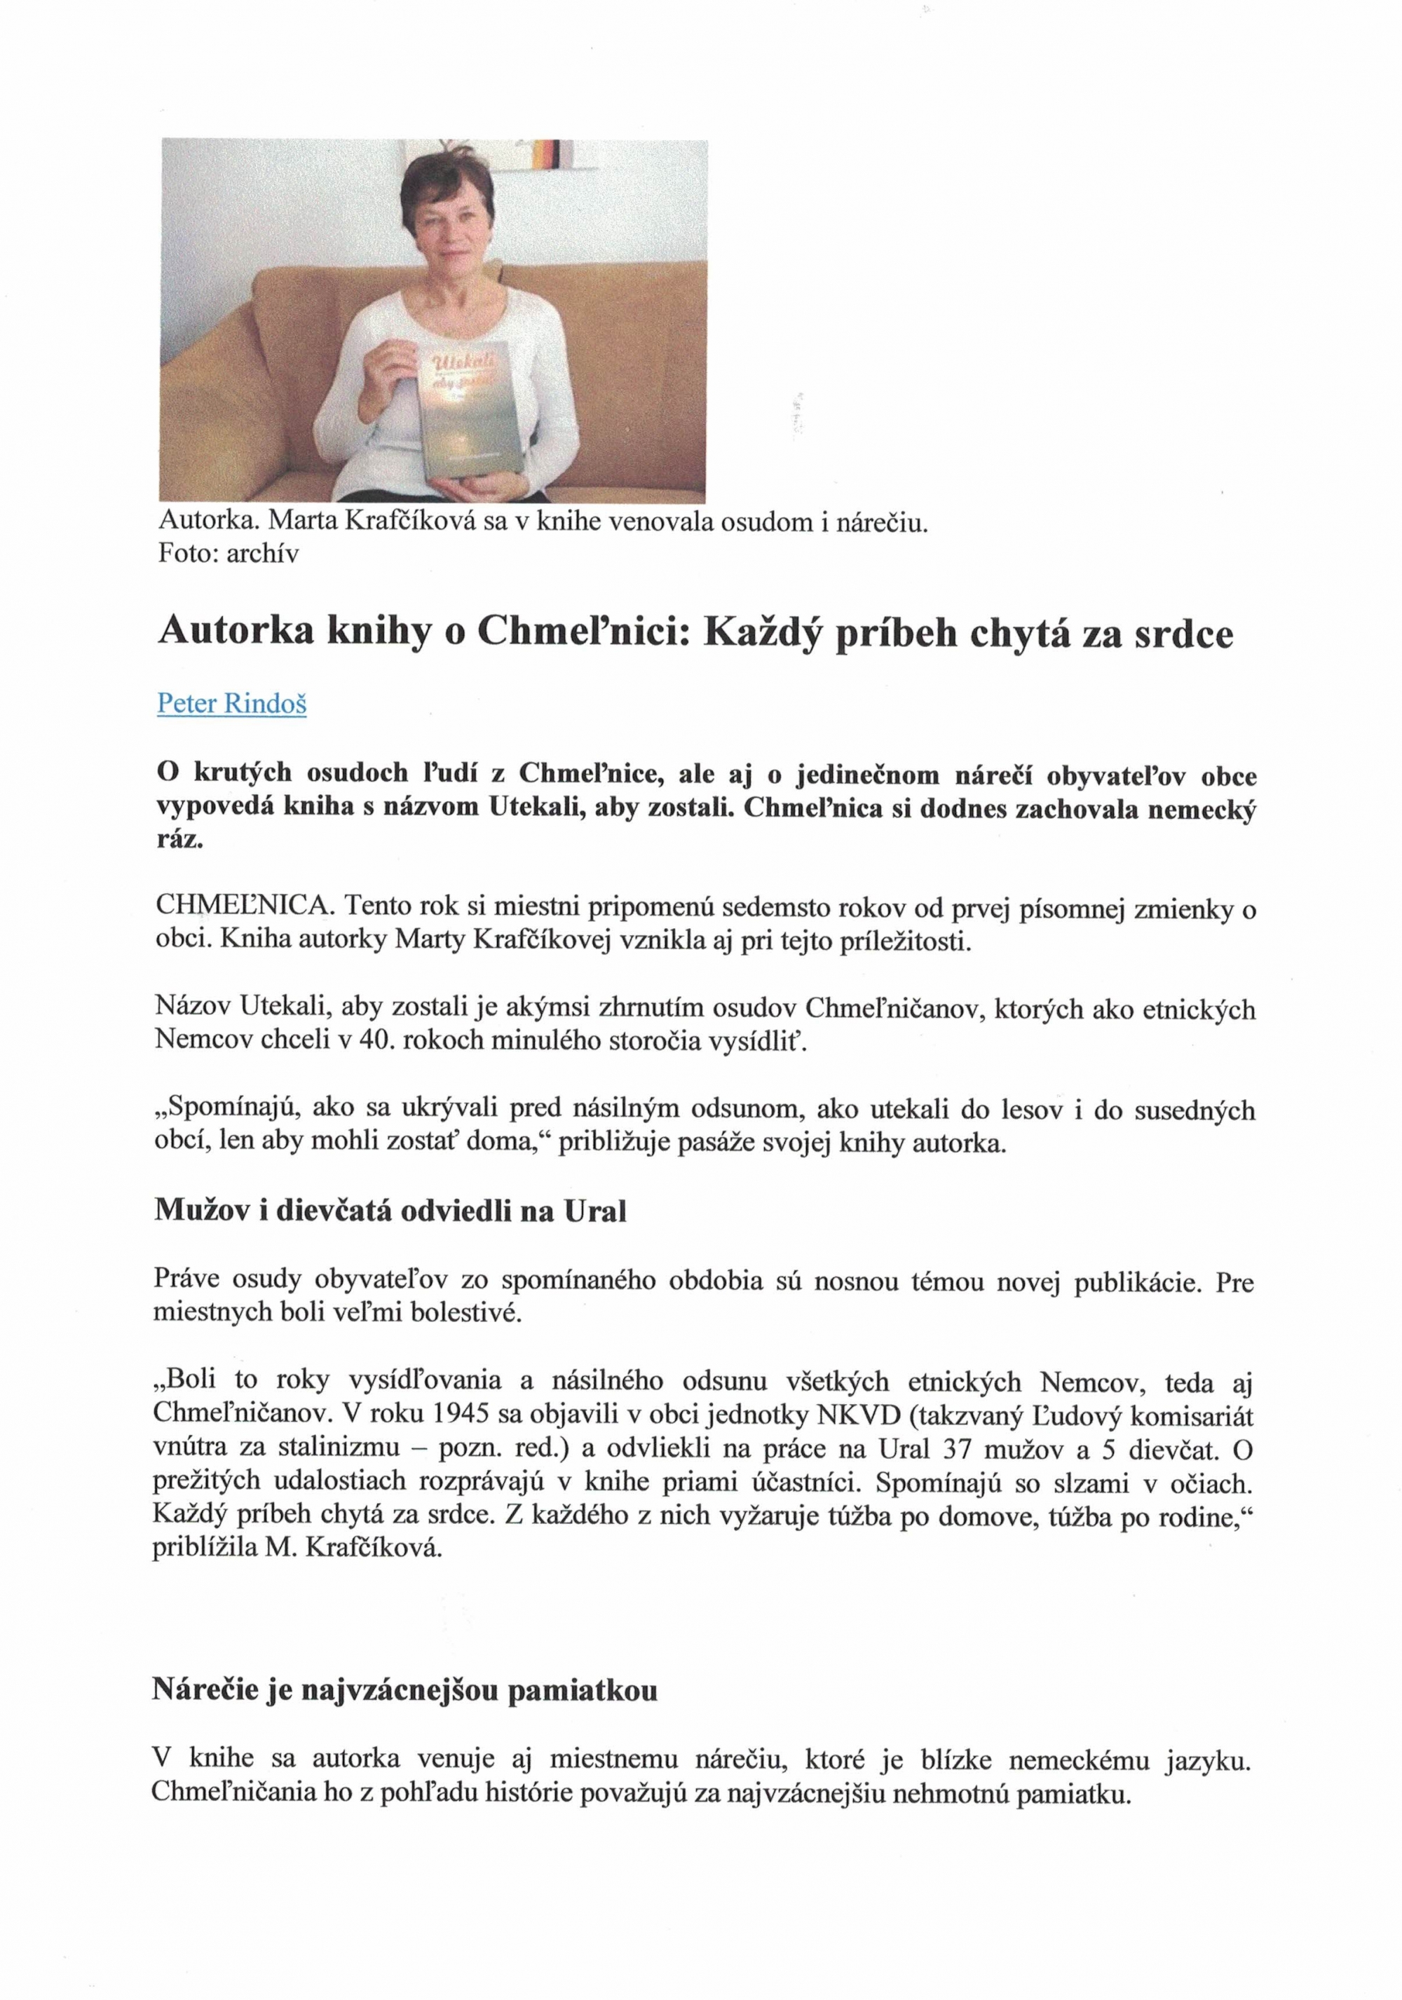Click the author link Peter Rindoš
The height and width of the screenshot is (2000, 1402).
(x=231, y=703)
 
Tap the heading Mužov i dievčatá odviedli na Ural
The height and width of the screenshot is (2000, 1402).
(x=390, y=1211)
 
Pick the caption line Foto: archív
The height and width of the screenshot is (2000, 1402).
(x=228, y=553)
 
